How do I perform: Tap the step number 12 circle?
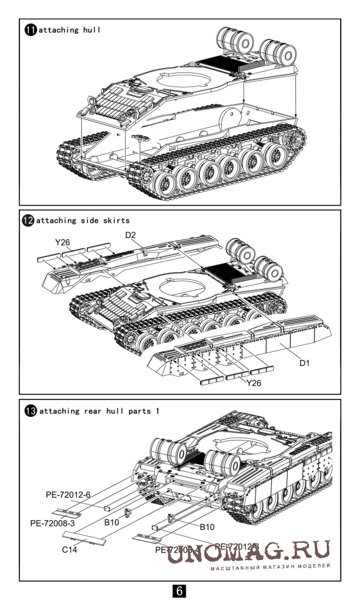(x=29, y=220)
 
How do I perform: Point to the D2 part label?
(x=131, y=236)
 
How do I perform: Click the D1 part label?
(x=304, y=363)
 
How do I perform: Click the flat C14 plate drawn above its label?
(x=86, y=538)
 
